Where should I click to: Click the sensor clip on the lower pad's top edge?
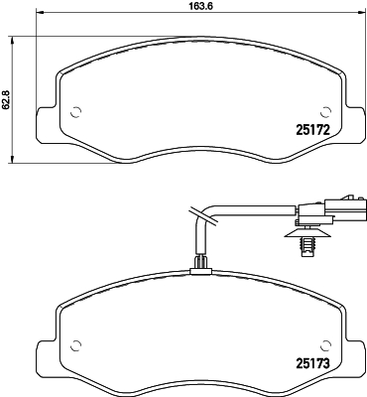pos(201,264)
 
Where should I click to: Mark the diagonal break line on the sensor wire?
pos(194,214)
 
